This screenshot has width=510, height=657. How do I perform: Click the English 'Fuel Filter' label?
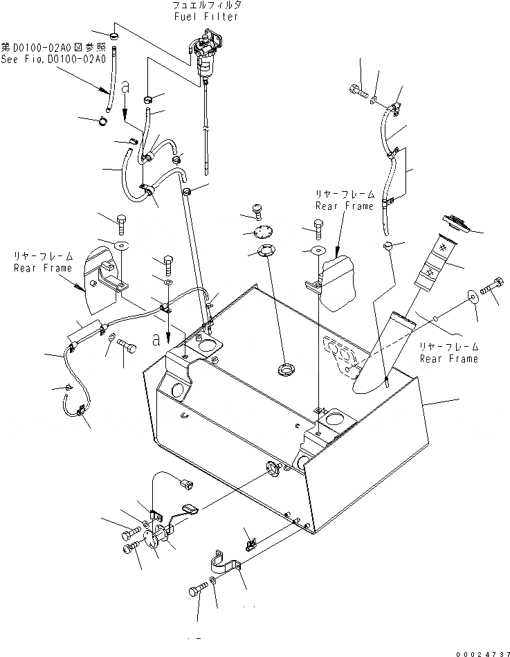(206, 17)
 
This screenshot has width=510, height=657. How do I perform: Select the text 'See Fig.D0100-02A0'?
(53, 60)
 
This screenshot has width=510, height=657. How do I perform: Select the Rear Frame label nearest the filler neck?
(448, 359)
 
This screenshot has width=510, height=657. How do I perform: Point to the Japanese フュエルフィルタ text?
(206, 6)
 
